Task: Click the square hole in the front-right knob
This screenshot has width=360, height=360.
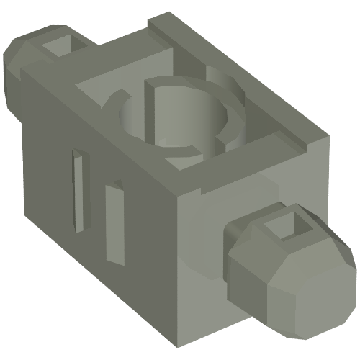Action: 286,230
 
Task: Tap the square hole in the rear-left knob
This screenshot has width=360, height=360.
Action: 59,45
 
